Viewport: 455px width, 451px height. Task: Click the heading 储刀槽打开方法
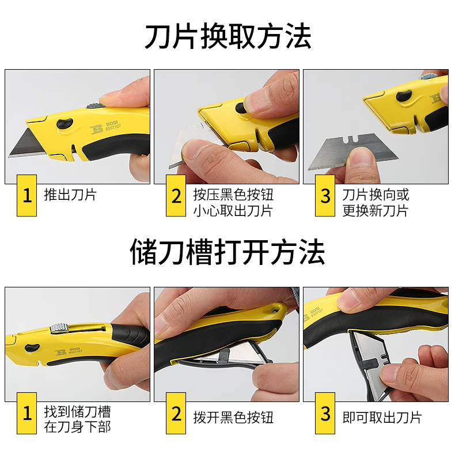pyautogui.click(x=227, y=252)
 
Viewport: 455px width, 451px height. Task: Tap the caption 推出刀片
pyautogui.click(x=70, y=195)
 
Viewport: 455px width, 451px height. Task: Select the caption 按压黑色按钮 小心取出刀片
pyautogui.click(x=233, y=203)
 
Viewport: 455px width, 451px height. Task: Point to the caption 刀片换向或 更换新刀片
pyautogui.click(x=376, y=203)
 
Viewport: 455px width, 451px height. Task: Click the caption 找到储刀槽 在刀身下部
pyautogui.click(x=78, y=419)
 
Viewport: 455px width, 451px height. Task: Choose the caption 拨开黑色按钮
pyautogui.click(x=233, y=418)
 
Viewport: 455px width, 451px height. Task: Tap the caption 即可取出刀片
pyautogui.click(x=382, y=418)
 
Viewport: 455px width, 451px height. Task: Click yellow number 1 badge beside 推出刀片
pyautogui.click(x=26, y=196)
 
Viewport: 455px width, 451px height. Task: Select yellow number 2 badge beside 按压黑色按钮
pyautogui.click(x=176, y=196)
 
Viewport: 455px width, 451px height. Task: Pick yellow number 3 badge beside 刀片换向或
pyautogui.click(x=325, y=196)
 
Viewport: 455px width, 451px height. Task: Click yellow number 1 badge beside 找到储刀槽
pyautogui.click(x=26, y=413)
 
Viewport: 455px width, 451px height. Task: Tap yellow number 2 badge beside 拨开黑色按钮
pyautogui.click(x=176, y=413)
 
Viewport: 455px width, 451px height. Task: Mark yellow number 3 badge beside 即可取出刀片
pyautogui.click(x=325, y=413)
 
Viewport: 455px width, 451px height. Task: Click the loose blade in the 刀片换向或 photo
pyautogui.click(x=352, y=152)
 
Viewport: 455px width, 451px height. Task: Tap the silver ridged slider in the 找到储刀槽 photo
pyautogui.click(x=59, y=328)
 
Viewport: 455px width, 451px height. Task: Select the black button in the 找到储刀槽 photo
pyautogui.click(x=32, y=348)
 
